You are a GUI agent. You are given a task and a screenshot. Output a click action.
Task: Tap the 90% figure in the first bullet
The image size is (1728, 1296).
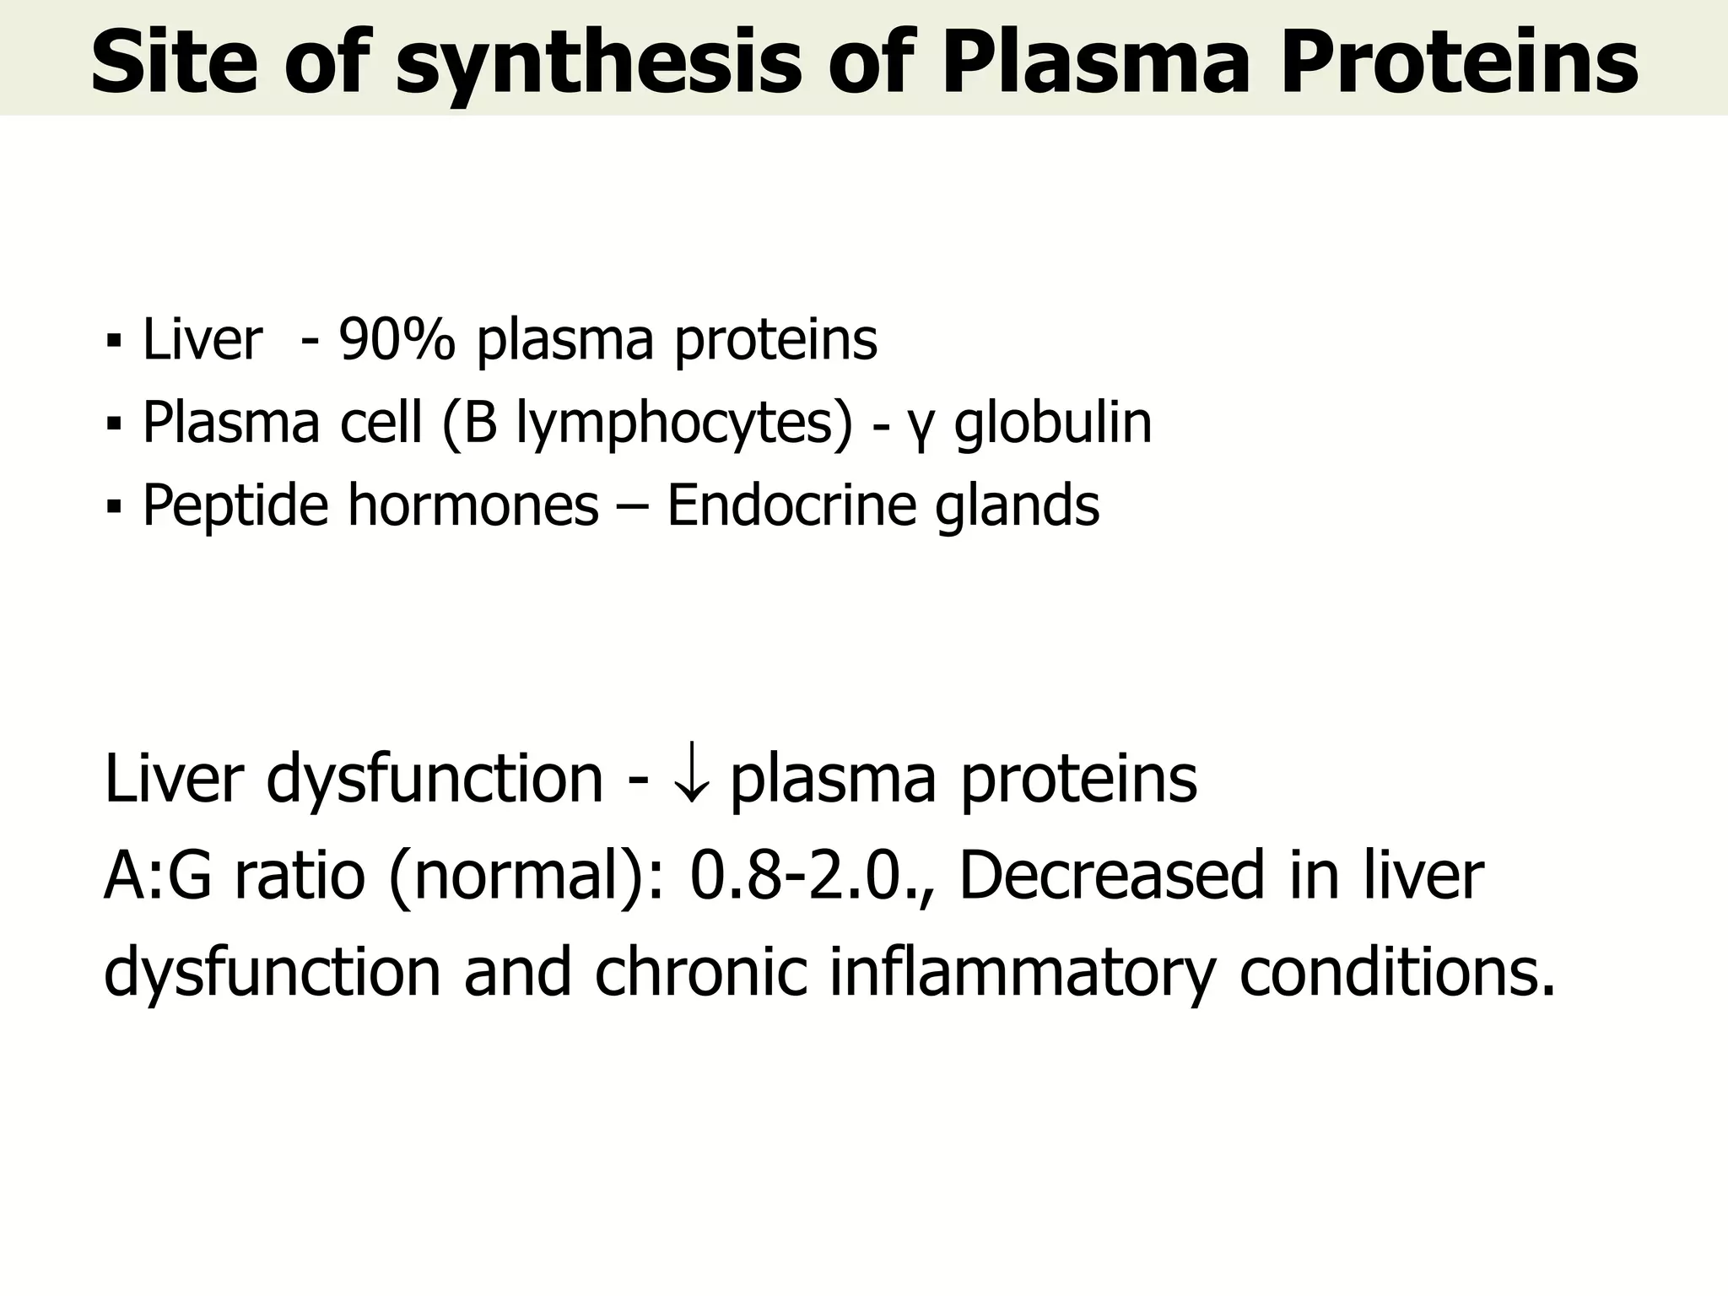[x=397, y=340]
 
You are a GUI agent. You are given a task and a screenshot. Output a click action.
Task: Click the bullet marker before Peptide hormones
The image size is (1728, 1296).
[x=113, y=507]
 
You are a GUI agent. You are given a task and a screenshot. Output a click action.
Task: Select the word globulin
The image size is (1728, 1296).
[x=1052, y=423]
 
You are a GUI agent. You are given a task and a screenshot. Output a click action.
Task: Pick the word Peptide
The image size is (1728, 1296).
[x=235, y=506]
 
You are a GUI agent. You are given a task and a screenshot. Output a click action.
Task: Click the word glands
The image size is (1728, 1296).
[x=1018, y=507]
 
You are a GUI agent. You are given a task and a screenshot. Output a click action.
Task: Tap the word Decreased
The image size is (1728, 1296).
[x=1111, y=876]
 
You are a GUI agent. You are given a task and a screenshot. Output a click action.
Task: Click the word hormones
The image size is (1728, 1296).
[x=473, y=505]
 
